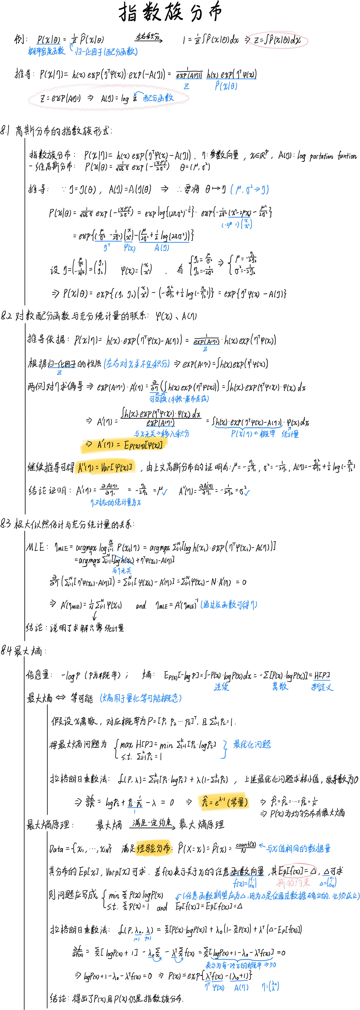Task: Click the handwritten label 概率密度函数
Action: [46, 51]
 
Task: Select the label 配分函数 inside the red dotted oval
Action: [158, 98]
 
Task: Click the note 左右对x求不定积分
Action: [136, 364]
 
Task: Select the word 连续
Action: [222, 686]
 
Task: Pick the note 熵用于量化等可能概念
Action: [140, 698]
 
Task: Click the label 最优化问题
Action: [252, 744]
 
